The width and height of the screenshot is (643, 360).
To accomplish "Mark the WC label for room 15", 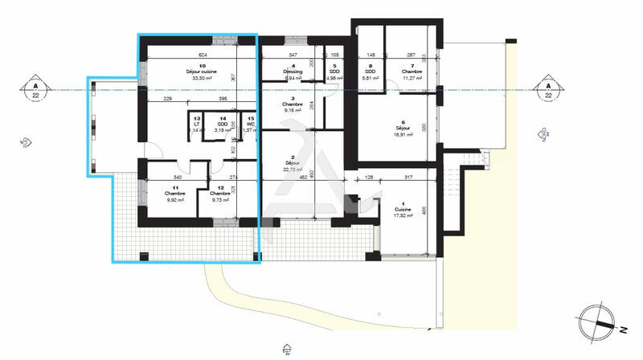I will [x=251, y=125].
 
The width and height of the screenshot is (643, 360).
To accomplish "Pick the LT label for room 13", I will [x=196, y=125].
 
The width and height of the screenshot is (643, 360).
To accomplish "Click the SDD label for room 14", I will [x=222, y=125].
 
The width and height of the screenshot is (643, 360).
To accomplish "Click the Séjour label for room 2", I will [x=293, y=163].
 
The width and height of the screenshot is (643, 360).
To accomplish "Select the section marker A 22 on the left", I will [x=34, y=88].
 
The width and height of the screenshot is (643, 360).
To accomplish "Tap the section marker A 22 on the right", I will [x=548, y=88].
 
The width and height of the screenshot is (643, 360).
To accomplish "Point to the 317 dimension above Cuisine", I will [x=409, y=177].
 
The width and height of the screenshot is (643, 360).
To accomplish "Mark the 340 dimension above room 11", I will [x=176, y=177].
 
